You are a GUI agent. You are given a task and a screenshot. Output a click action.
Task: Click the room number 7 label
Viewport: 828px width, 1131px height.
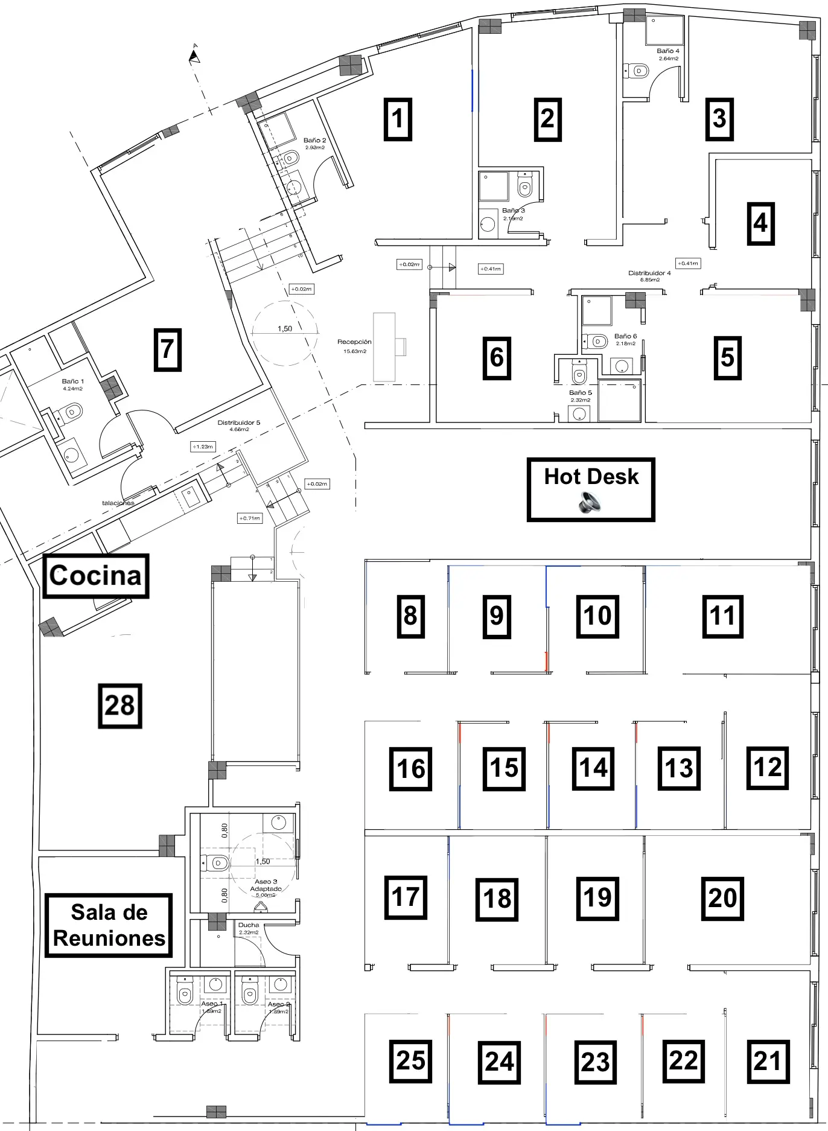click(x=167, y=349)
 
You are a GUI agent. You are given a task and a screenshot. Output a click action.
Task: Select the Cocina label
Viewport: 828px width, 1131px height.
click(x=96, y=576)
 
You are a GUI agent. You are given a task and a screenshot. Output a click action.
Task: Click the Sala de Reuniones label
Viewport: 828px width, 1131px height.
click(x=109, y=925)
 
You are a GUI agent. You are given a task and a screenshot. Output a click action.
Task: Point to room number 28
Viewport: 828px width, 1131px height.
click(x=120, y=706)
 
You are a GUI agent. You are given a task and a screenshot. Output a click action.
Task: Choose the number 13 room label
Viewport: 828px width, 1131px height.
click(x=679, y=768)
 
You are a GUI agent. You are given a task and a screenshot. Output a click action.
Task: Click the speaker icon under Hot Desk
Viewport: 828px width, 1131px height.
click(x=590, y=502)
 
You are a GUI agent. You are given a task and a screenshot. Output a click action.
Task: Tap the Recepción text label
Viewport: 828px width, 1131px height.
click(x=354, y=342)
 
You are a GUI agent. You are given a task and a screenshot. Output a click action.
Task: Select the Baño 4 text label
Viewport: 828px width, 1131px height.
click(x=668, y=51)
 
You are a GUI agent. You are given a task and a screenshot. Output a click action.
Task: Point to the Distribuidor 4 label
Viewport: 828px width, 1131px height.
click(x=649, y=273)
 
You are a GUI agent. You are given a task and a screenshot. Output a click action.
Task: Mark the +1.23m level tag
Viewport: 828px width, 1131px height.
click(x=203, y=447)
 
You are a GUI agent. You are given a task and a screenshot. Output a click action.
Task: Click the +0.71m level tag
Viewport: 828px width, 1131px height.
click(x=250, y=518)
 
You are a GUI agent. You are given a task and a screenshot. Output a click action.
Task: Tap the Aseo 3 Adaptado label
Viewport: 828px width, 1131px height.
click(x=266, y=885)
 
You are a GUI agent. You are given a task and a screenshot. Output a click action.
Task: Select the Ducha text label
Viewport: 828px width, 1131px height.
click(x=249, y=925)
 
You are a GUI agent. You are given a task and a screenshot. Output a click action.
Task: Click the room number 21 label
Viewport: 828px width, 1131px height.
click(x=768, y=1061)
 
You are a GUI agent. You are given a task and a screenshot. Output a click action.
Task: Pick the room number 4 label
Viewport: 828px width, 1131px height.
click(x=760, y=223)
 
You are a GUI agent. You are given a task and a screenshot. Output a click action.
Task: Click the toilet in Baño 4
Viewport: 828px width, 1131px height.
click(x=638, y=71)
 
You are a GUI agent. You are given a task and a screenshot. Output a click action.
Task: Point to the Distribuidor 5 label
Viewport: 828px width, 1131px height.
click(x=239, y=422)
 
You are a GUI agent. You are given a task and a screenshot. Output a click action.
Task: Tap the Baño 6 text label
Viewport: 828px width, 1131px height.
click(x=625, y=336)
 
